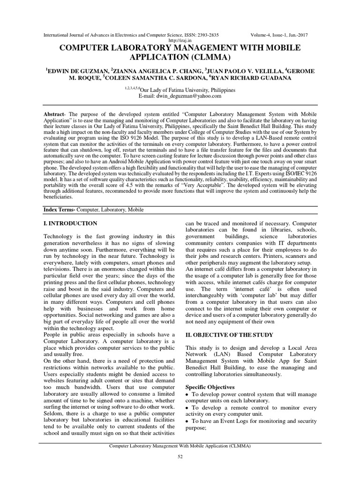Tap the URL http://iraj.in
click(x=180, y=41)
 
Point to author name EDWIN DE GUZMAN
click(x=75, y=70)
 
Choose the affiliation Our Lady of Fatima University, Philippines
click(x=186, y=90)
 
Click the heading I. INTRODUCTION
click(x=70, y=224)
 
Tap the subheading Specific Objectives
click(x=210, y=388)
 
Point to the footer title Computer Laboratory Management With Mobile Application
click(x=180, y=447)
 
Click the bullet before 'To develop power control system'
click(x=187, y=395)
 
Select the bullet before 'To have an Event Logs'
click(x=187, y=421)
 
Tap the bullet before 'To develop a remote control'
click(x=187, y=408)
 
